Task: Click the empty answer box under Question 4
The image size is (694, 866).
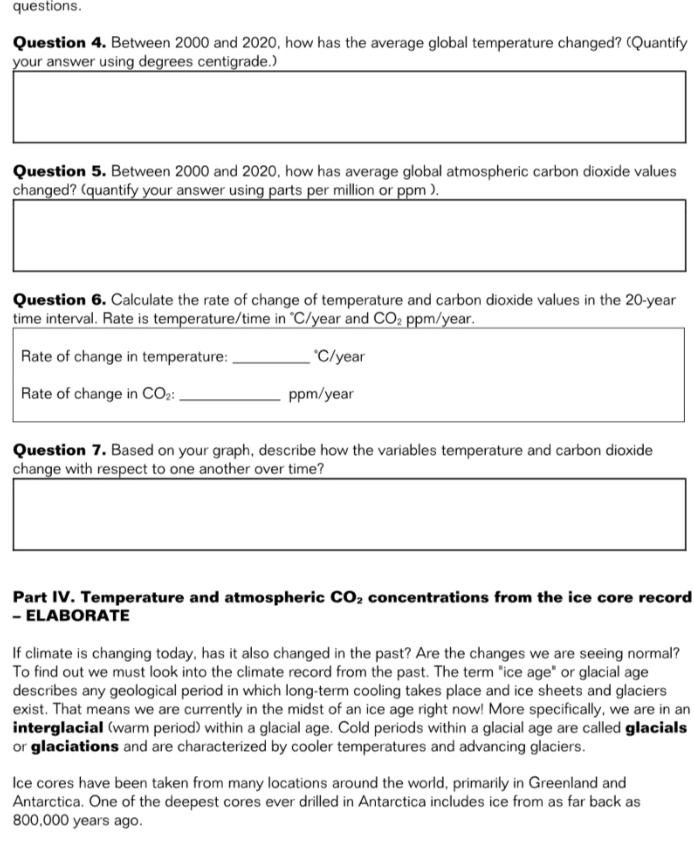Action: coord(349,107)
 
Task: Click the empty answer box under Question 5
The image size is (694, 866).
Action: coord(349,236)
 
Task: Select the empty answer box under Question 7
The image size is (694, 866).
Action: coord(349,515)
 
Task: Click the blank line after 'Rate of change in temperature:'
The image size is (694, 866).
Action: coord(271,359)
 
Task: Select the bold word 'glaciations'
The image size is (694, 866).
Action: coord(75,746)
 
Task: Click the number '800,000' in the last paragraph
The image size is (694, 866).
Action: coord(41,820)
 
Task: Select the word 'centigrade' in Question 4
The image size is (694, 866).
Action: coord(235,62)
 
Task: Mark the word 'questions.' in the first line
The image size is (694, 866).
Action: coord(47,6)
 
